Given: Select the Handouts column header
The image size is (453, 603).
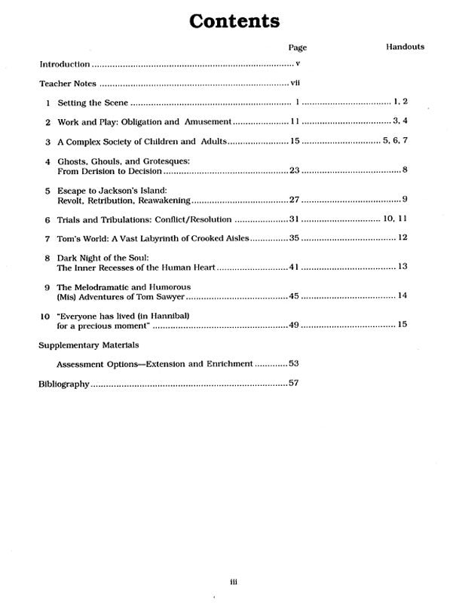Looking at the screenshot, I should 405,47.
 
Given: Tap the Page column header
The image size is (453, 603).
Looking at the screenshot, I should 297,47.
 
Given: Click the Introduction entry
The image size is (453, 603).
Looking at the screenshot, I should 65,65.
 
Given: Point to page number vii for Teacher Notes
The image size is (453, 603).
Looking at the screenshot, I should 295,83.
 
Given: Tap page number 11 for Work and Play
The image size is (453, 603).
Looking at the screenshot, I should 295,121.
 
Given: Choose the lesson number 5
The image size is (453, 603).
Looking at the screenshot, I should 47,191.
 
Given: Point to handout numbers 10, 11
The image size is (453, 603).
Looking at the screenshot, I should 395,219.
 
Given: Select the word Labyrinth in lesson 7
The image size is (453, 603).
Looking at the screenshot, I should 158,238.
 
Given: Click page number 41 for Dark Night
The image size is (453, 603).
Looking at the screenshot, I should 295,268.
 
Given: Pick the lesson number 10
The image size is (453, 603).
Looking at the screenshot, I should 44,317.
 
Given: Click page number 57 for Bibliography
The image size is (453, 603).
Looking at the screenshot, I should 295,384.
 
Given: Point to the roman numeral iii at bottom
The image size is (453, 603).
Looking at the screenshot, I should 234,580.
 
